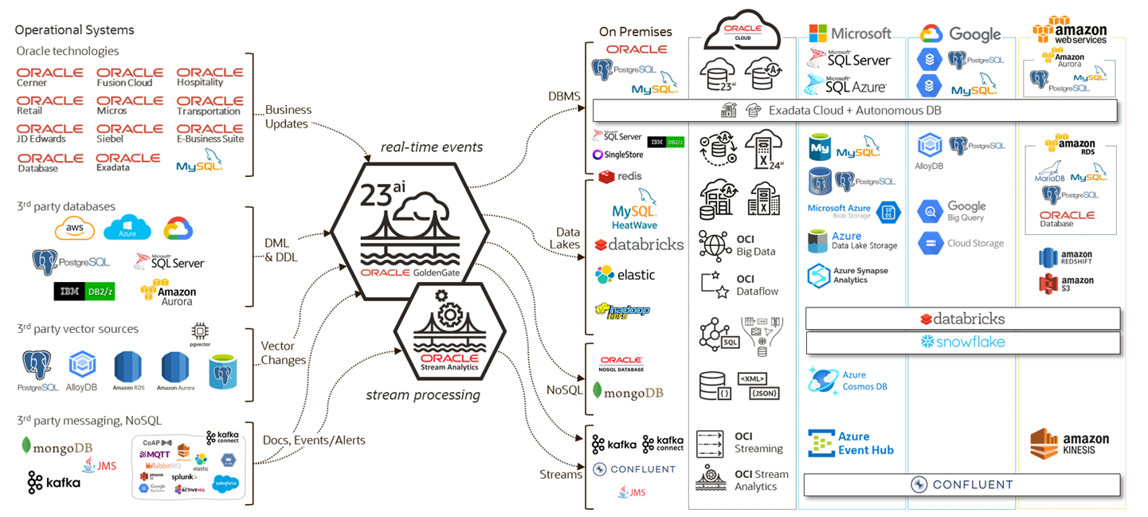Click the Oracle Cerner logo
pyautogui.click(x=49, y=76)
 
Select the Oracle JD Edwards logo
pyautogui.click(x=49, y=133)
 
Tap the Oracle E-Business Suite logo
pyautogui.click(x=210, y=133)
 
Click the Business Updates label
pyautogui.click(x=288, y=117)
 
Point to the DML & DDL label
pyautogui.click(x=279, y=250)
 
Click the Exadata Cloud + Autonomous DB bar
pyautogui.click(x=855, y=110)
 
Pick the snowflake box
pyautogui.click(x=962, y=343)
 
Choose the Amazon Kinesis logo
pyautogui.click(x=1069, y=444)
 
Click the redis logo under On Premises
pyautogui.click(x=621, y=176)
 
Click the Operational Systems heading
pyautogui.click(x=74, y=30)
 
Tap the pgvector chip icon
pyautogui.click(x=200, y=330)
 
